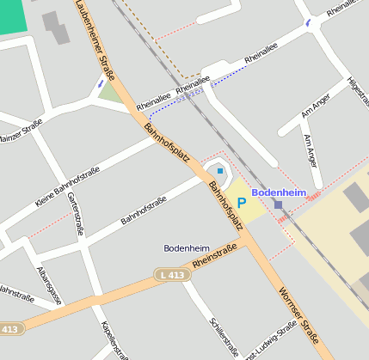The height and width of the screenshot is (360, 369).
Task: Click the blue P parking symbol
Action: [x=242, y=203]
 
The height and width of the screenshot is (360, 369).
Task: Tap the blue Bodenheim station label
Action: [x=279, y=192]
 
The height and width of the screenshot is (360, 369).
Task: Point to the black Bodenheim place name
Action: [x=187, y=247]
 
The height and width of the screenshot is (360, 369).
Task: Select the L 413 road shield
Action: [x=172, y=274]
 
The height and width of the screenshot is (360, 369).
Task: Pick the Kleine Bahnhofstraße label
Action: [x=68, y=186]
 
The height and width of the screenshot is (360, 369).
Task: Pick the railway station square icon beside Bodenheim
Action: [x=278, y=204]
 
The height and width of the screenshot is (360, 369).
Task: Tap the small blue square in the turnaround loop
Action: [x=220, y=171]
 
